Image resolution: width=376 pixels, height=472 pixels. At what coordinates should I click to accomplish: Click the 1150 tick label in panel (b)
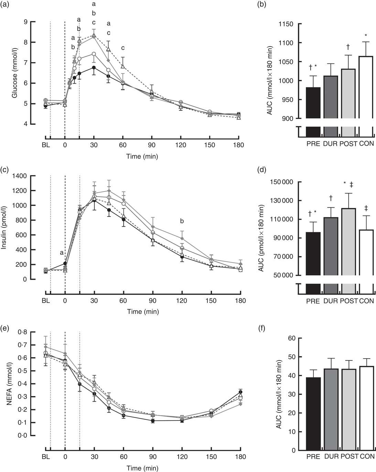point(286,24)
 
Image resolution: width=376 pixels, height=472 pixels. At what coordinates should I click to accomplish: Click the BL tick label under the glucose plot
point(46,145)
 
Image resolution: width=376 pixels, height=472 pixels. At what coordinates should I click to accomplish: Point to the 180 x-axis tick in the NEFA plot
point(240,457)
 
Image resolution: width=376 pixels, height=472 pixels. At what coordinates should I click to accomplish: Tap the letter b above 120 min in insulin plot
point(182,221)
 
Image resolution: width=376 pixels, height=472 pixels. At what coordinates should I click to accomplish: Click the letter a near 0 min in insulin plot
point(62,253)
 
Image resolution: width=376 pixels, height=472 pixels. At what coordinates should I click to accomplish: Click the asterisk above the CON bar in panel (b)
point(366,35)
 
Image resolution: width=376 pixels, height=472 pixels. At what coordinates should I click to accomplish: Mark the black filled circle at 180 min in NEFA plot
point(240,392)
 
